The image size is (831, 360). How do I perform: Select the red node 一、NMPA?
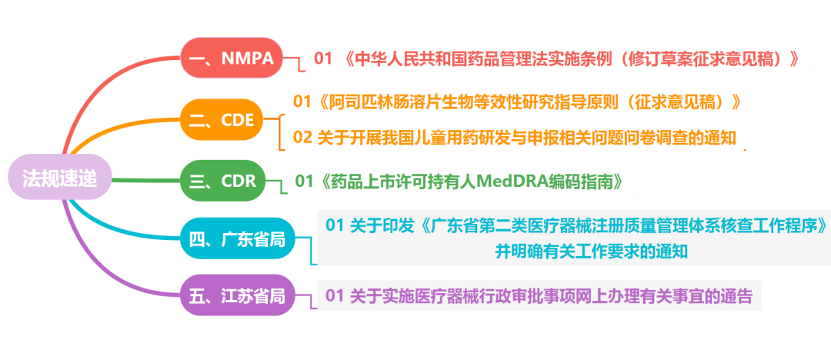(231, 58)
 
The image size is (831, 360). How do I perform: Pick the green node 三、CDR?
(222, 182)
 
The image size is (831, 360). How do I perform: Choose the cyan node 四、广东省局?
(237, 240)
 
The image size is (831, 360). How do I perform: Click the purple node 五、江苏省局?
(237, 296)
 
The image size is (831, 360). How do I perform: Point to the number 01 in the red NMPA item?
(323, 58)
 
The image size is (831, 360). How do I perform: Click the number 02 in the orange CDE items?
(302, 138)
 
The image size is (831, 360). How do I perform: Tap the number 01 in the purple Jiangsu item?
(335, 295)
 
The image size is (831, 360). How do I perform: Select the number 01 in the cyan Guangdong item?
(335, 226)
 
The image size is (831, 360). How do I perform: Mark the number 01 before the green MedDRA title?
(305, 182)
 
